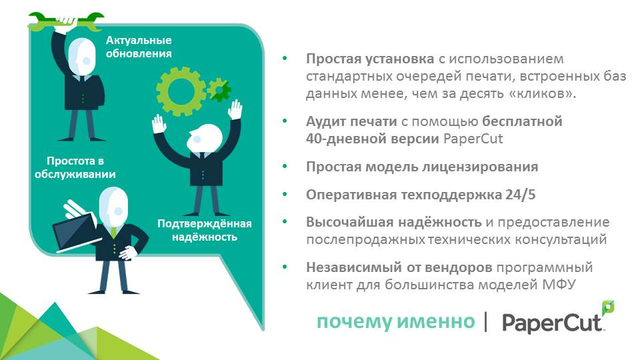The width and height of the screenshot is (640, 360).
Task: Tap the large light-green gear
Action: pyautogui.click(x=181, y=91)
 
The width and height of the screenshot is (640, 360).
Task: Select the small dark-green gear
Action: pyautogui.click(x=219, y=89)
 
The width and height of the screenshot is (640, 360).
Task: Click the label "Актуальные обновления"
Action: pyautogui.click(x=139, y=47)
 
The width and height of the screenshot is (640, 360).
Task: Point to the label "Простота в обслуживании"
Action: pyautogui.click(x=75, y=168)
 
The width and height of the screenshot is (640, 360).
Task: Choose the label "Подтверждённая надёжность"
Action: pyautogui.click(x=205, y=230)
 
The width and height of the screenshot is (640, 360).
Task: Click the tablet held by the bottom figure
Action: pyautogui.click(x=73, y=233)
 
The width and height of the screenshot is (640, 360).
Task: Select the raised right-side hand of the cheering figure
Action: pyautogui.click(x=235, y=110)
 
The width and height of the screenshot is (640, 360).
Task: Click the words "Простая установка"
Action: pyautogui.click(x=370, y=59)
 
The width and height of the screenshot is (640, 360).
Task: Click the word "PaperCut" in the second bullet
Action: pyautogui.click(x=473, y=139)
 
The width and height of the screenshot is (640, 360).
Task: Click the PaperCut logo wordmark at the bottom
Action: pyautogui.click(x=553, y=323)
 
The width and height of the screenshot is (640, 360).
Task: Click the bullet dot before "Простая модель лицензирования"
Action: pyautogui.click(x=285, y=167)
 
